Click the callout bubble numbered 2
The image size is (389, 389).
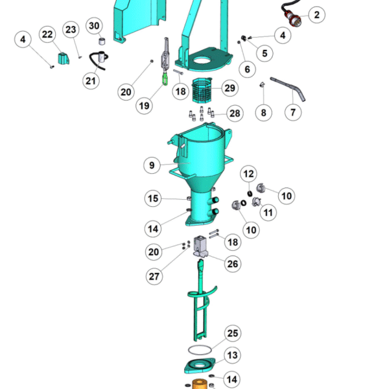pos(316,15)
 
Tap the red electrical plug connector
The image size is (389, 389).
pos(294,19)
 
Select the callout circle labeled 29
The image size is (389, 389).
pos(230,88)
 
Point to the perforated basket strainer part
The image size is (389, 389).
pos(202,90)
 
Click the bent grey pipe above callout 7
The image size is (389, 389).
pos(289,88)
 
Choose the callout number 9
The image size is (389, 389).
pos(152,165)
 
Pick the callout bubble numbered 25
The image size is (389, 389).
pos(233,333)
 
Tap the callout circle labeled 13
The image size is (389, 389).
pos(233,355)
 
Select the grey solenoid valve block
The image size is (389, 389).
pos(200,246)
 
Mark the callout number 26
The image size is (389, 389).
pos(233,264)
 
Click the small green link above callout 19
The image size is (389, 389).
pos(165,79)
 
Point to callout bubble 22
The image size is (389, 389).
pos(47,34)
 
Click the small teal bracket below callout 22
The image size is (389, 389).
pos(64,58)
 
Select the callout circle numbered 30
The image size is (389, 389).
pos(94,26)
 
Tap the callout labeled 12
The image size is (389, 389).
pos(248,174)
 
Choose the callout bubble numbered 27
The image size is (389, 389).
pos(154,276)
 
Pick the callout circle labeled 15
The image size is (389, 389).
pos(153,198)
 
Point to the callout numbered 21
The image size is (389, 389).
pos(91,81)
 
